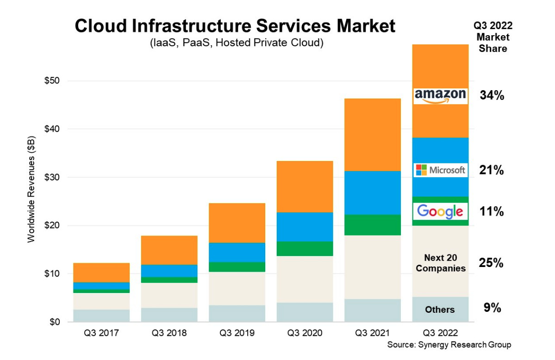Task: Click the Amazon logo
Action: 440,96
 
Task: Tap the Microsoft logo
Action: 440,170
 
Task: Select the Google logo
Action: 440,211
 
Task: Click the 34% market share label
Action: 492,96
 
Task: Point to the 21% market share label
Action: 492,170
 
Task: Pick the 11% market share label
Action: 492,212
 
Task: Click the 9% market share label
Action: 492,308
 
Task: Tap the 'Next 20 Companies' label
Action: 440,263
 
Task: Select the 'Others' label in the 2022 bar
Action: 440,310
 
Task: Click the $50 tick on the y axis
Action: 55,81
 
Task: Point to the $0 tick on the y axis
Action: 57,322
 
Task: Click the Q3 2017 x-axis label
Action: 101,333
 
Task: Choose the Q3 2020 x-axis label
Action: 305,333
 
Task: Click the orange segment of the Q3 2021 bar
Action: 373,135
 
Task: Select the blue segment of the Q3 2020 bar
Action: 305,227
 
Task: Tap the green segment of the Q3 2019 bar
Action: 237,267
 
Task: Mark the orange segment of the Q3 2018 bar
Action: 169,250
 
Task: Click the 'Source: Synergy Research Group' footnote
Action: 449,345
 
